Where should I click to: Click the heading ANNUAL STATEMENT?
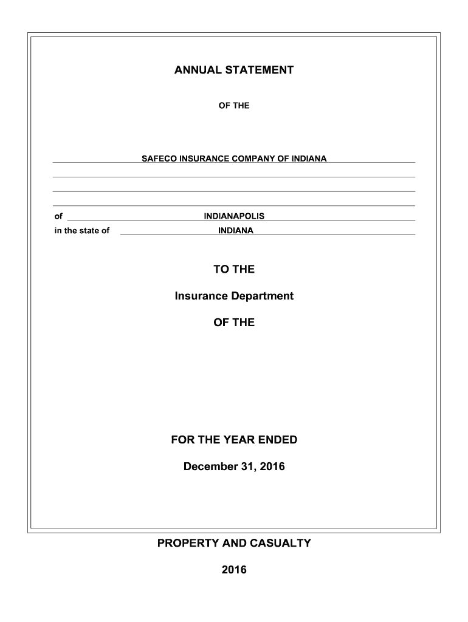pos(234,70)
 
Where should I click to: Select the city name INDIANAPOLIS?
pos(234,216)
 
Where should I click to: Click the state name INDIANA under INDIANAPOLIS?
pos(236,231)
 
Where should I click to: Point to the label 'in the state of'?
pos(82,231)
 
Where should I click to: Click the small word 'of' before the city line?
pos(58,216)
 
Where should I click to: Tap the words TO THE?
pos(234,269)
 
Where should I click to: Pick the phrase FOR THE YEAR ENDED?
pos(234,440)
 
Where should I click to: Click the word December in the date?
pos(208,466)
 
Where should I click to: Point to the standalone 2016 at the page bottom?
pos(234,570)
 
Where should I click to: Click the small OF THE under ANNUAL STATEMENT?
pos(234,106)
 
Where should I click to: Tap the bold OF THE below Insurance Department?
pos(234,323)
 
